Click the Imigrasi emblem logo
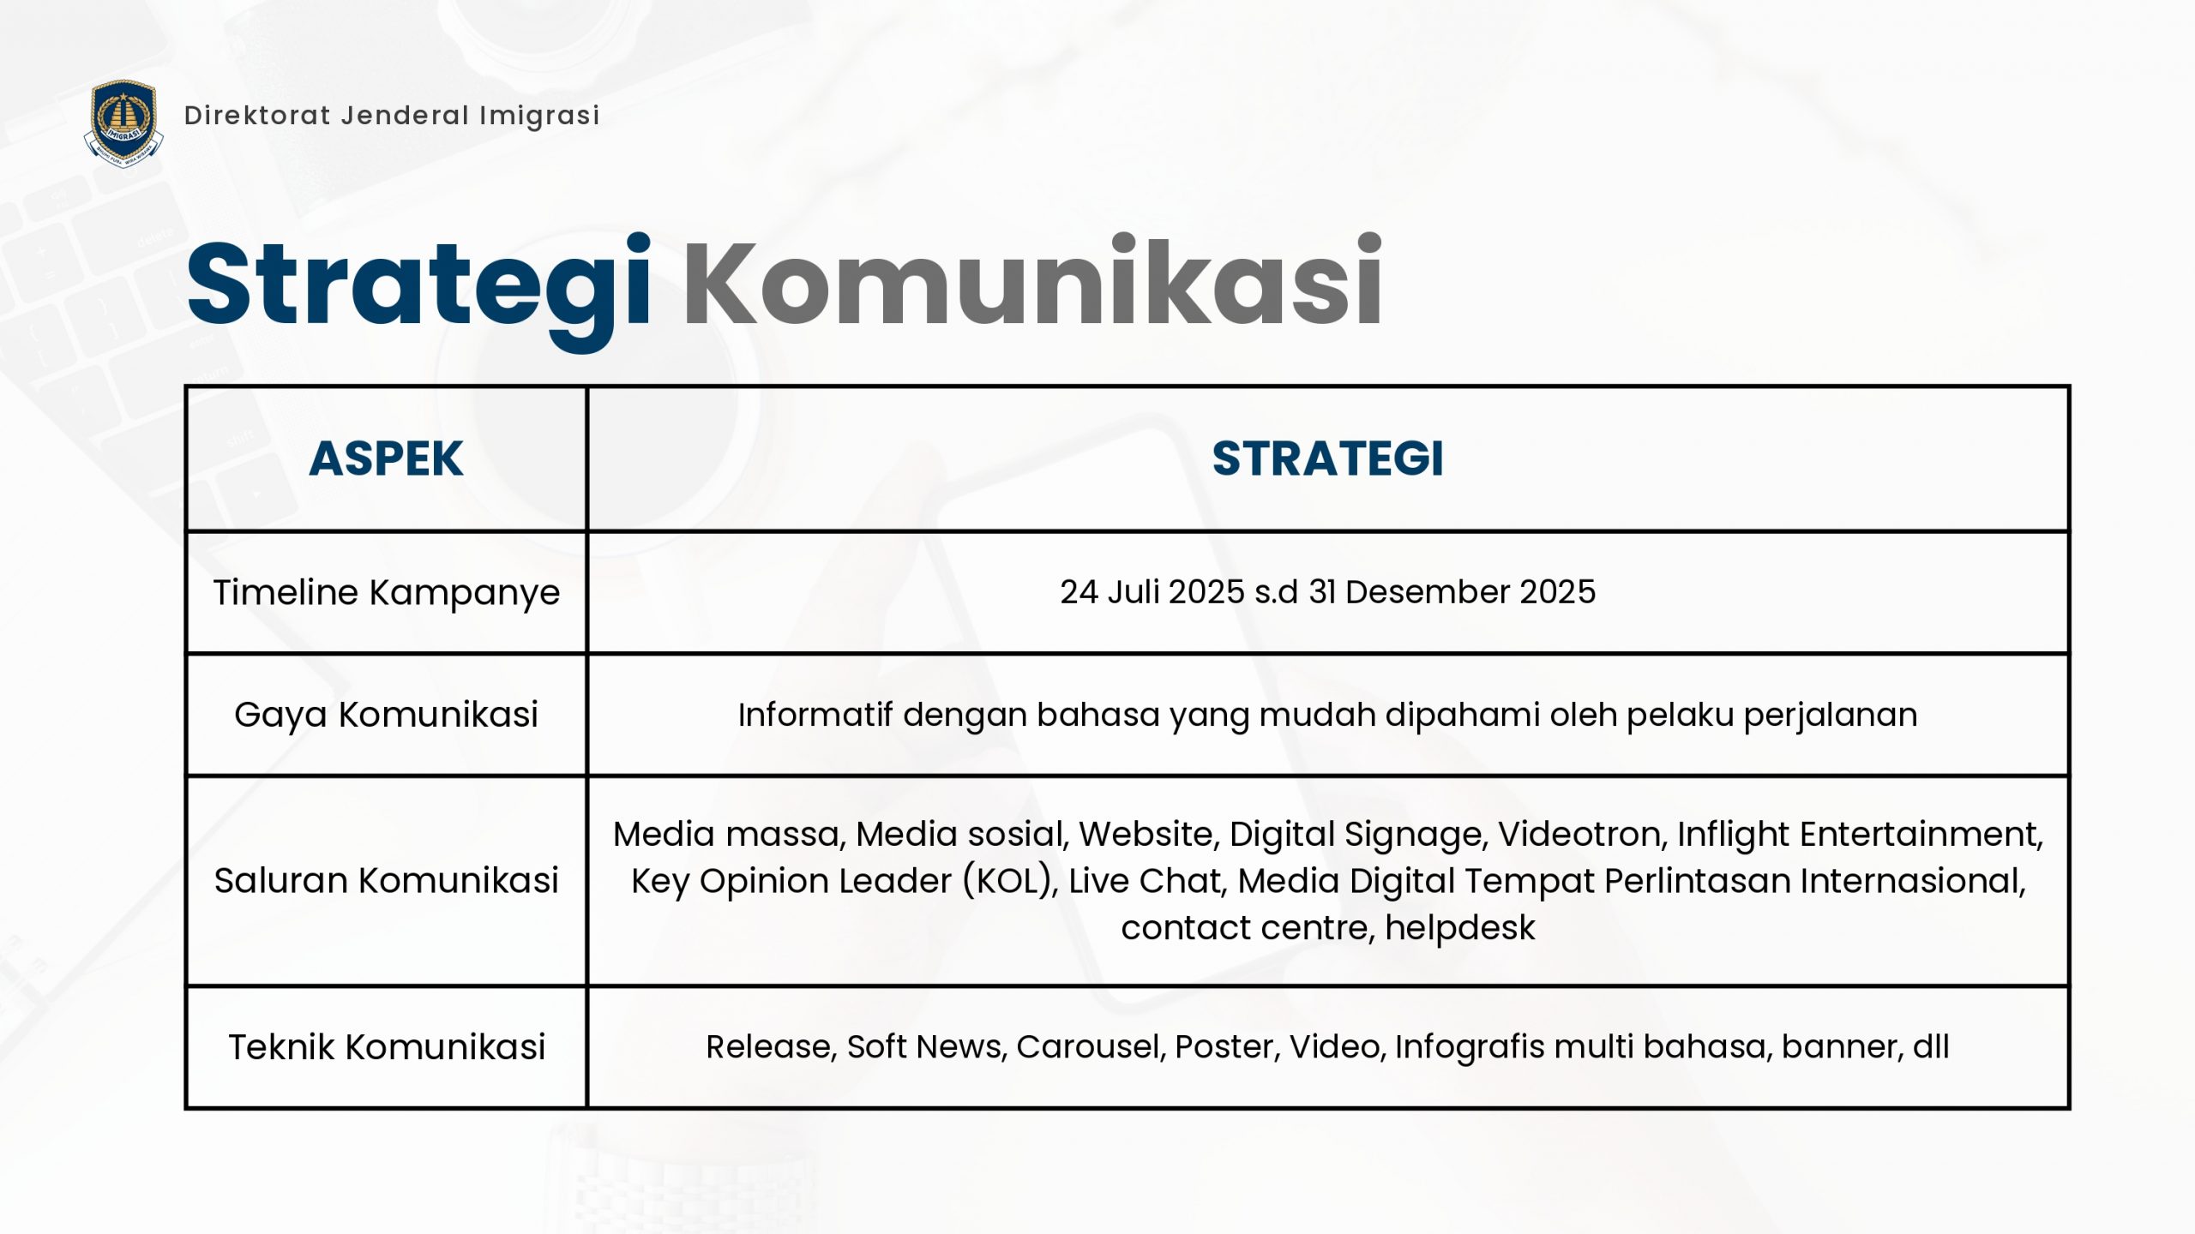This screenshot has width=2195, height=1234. pos(123,123)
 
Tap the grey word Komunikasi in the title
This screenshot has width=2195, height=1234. pos(1032,283)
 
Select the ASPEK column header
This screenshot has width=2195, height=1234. pos(386,458)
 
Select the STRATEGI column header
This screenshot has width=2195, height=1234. pos(1328,458)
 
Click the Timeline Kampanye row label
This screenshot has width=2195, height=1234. pos(387,593)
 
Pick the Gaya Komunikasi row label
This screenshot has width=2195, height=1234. pos(387,716)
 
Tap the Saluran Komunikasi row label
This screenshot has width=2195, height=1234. pos(387,881)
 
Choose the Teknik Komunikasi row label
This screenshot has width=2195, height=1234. pos(387,1047)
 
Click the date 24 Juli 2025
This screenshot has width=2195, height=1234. pos(1152,592)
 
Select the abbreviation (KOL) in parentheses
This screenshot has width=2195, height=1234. pos(1010,882)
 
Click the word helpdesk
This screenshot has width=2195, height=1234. pos(1460,928)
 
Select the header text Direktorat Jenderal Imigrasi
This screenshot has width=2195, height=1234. pos(392,116)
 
